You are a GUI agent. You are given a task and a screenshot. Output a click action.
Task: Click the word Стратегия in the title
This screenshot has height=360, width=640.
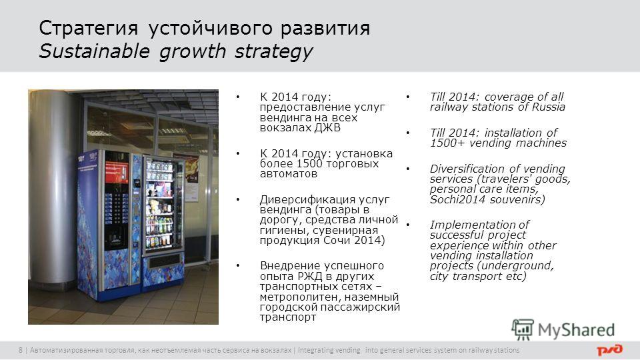pyautogui.click(x=89, y=29)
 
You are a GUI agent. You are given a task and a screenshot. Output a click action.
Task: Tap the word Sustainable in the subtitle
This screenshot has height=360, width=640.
pyautogui.click(x=94, y=51)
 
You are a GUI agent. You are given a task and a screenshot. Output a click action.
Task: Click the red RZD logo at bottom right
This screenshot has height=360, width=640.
pyautogui.click(x=610, y=350)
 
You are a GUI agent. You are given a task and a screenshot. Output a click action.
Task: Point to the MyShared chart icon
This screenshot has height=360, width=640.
pyautogui.click(x=523, y=329)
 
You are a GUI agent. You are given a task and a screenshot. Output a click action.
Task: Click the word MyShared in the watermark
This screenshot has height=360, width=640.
pyautogui.click(x=576, y=330)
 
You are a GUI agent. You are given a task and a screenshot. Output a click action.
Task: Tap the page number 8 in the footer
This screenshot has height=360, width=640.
pyautogui.click(x=21, y=350)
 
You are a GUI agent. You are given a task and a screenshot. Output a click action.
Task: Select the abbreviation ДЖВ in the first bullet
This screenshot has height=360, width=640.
pyautogui.click(x=327, y=128)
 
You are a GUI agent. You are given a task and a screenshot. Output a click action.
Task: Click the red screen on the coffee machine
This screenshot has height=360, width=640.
pyautogui.click(x=116, y=172)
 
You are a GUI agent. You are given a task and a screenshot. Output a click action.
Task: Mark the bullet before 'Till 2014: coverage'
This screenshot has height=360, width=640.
pyautogui.click(x=407, y=97)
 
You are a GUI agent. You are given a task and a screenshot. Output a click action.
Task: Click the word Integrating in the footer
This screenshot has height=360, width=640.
pyautogui.click(x=329, y=350)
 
